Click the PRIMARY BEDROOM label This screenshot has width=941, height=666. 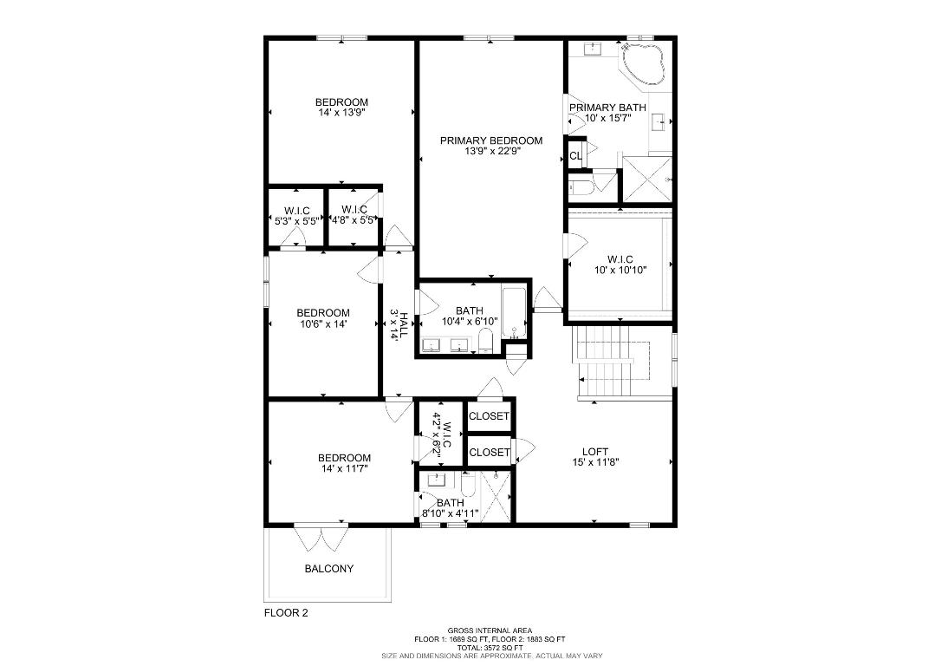[490, 140]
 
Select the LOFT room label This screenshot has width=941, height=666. [594, 451]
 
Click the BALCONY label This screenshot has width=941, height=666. [328, 569]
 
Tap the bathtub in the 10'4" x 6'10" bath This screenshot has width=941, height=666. [515, 312]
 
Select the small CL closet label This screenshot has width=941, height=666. [575, 156]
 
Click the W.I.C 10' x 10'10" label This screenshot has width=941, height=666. [620, 259]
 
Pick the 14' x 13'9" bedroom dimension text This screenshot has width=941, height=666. [341, 113]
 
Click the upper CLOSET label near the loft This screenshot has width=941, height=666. [489, 416]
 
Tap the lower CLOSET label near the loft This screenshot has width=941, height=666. [489, 452]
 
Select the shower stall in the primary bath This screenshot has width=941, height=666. [646, 179]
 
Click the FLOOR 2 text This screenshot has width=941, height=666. [286, 612]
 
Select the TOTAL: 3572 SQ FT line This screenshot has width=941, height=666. [490, 647]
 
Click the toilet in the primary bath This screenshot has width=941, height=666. [579, 186]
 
